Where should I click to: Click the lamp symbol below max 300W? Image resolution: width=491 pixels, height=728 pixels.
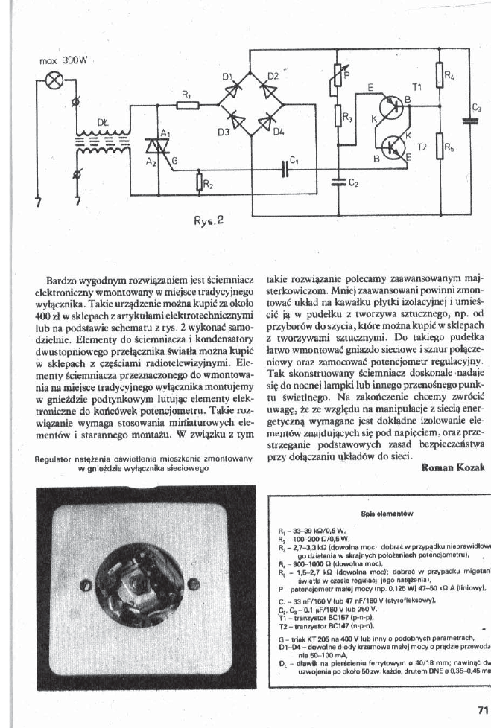click(x=54, y=80)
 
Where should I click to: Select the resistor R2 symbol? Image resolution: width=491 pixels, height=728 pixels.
click(x=199, y=182)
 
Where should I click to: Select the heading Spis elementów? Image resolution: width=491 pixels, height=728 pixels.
click(x=381, y=514)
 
